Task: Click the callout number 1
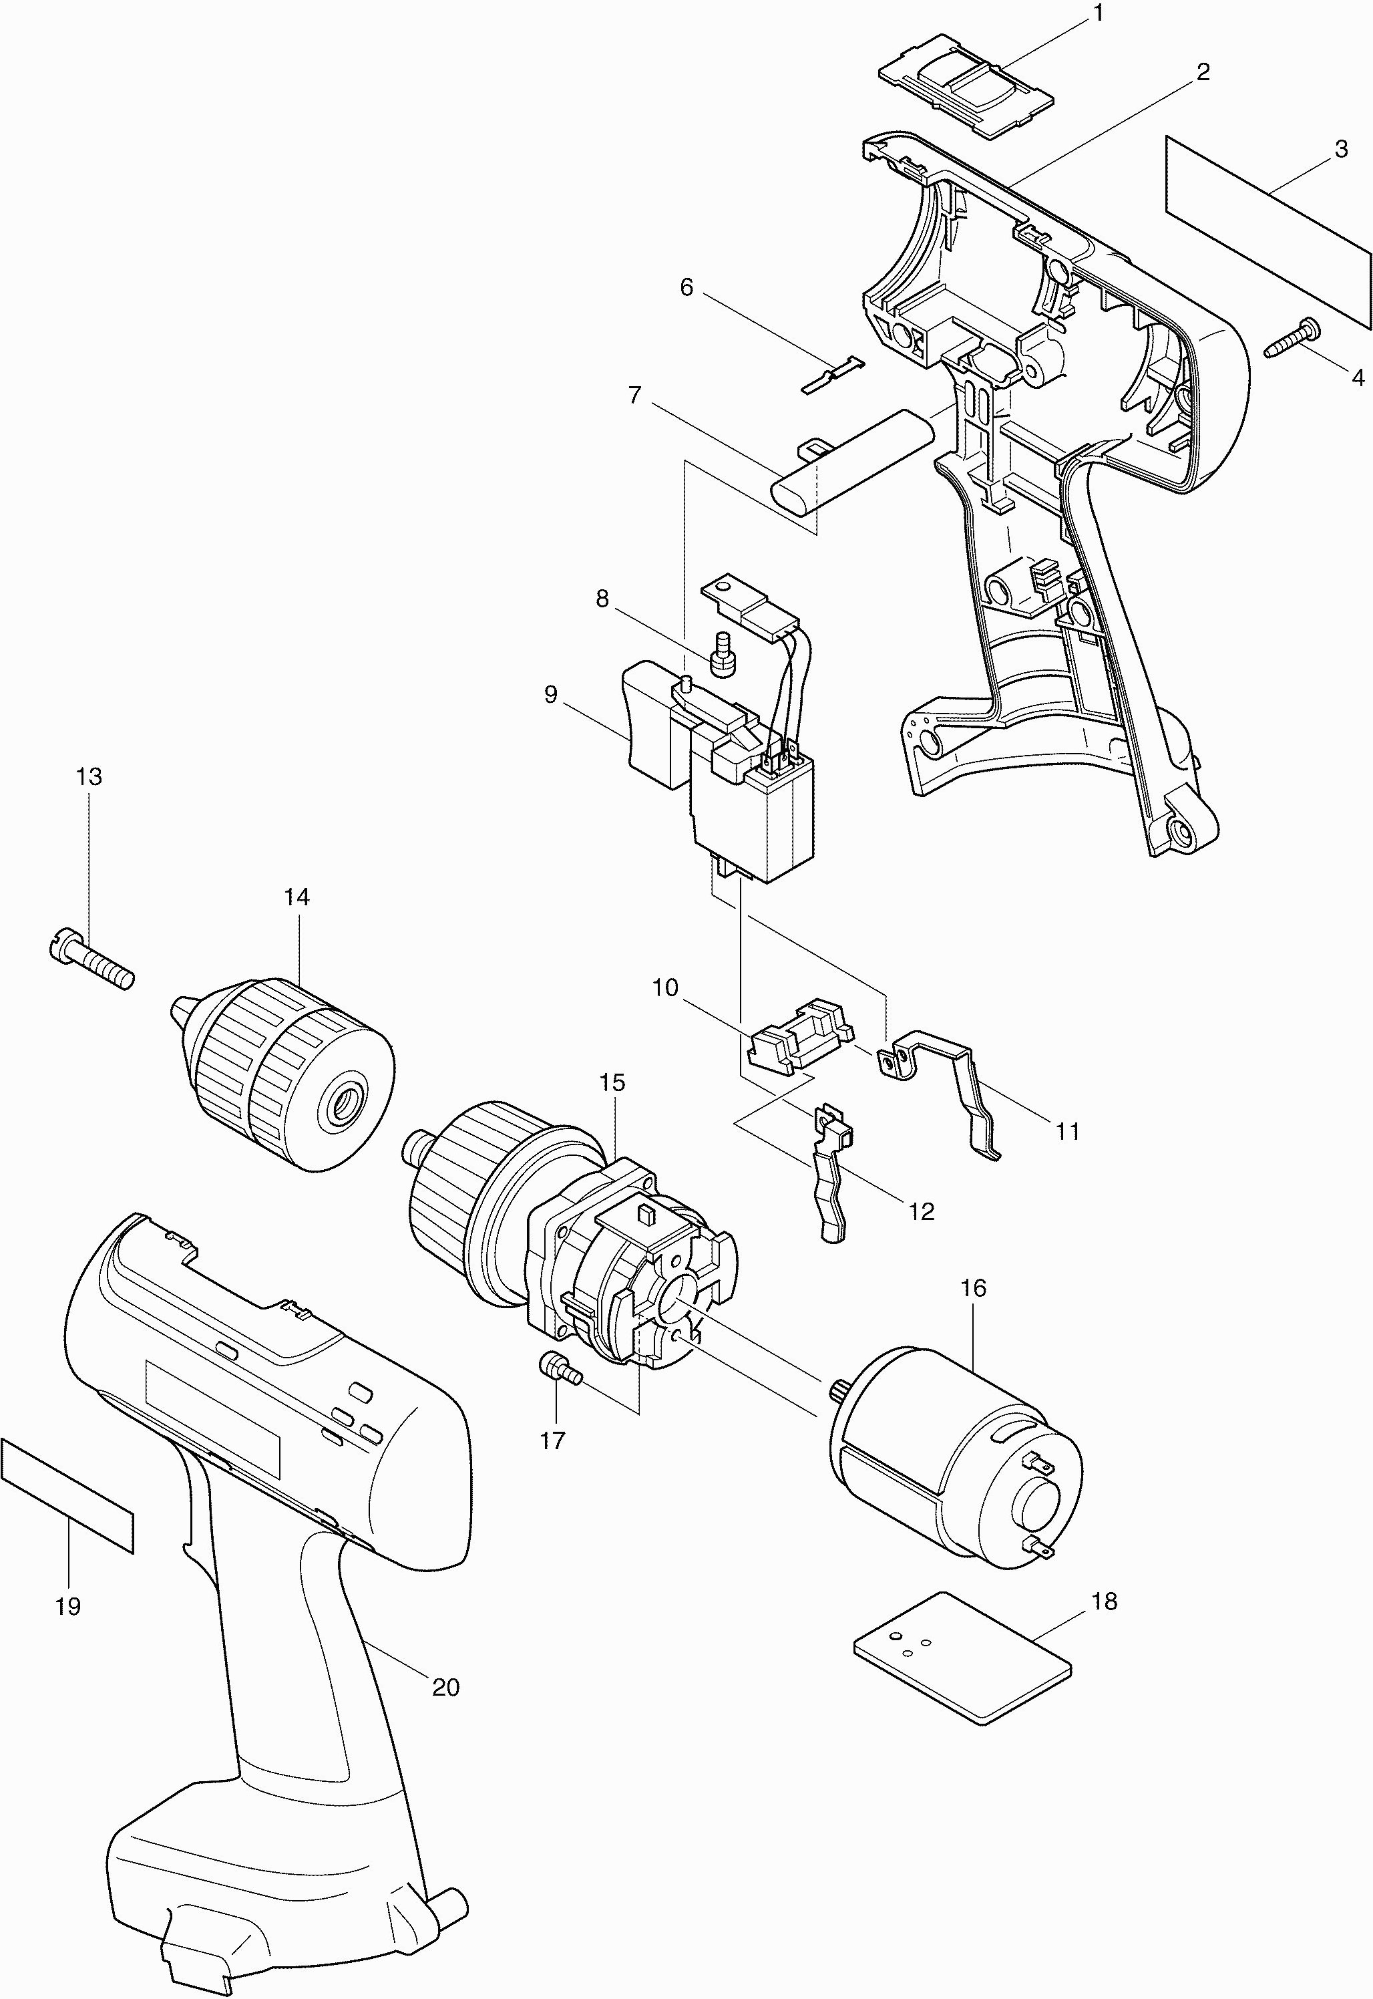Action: [x=1099, y=15]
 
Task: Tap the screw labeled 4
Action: [x=1294, y=338]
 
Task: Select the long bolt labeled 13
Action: [x=90, y=962]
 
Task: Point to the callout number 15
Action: [x=612, y=1082]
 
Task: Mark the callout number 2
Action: [x=1203, y=72]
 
